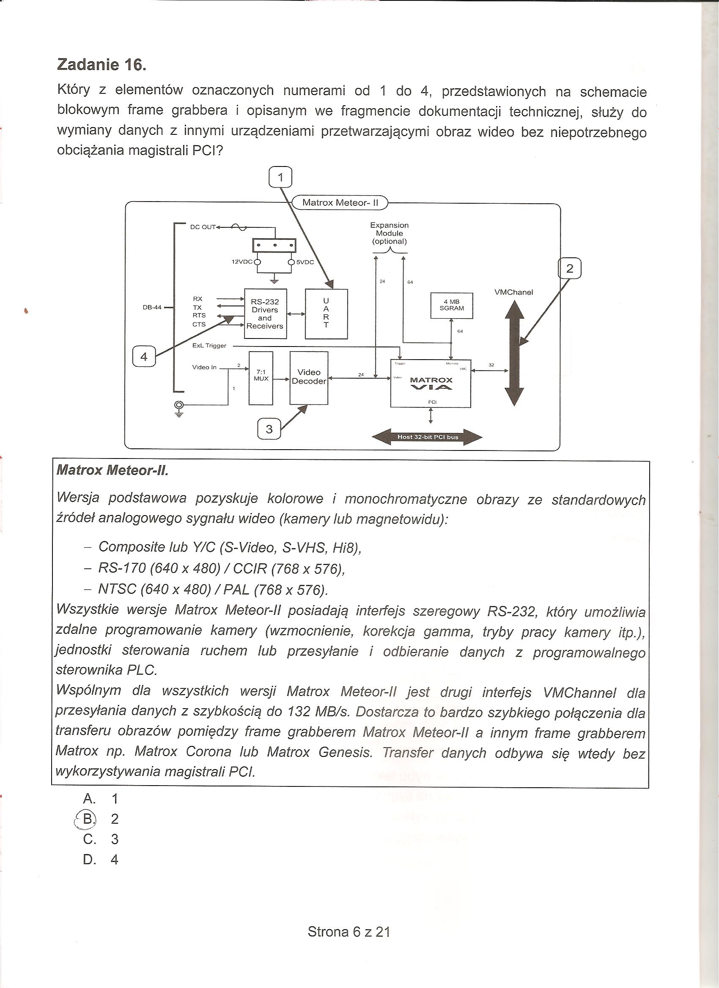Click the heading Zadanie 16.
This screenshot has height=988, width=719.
pos(102,65)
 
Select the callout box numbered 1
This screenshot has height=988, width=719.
pos(280,177)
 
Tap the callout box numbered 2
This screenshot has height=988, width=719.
pos(570,269)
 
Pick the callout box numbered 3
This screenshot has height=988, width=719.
pos(269,429)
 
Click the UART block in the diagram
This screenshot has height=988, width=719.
pos(326,313)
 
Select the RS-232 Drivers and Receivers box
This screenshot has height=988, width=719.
pos(265,314)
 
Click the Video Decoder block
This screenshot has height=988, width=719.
pos(309,378)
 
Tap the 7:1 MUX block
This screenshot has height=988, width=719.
pos(261,378)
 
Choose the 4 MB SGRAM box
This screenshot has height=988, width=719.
pos(451,305)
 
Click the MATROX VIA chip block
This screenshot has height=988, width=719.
pos(431,383)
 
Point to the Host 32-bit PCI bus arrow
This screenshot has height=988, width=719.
pos(427,437)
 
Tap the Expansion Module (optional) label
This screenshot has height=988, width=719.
pos(390,233)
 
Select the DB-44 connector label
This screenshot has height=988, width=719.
pos(152,307)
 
